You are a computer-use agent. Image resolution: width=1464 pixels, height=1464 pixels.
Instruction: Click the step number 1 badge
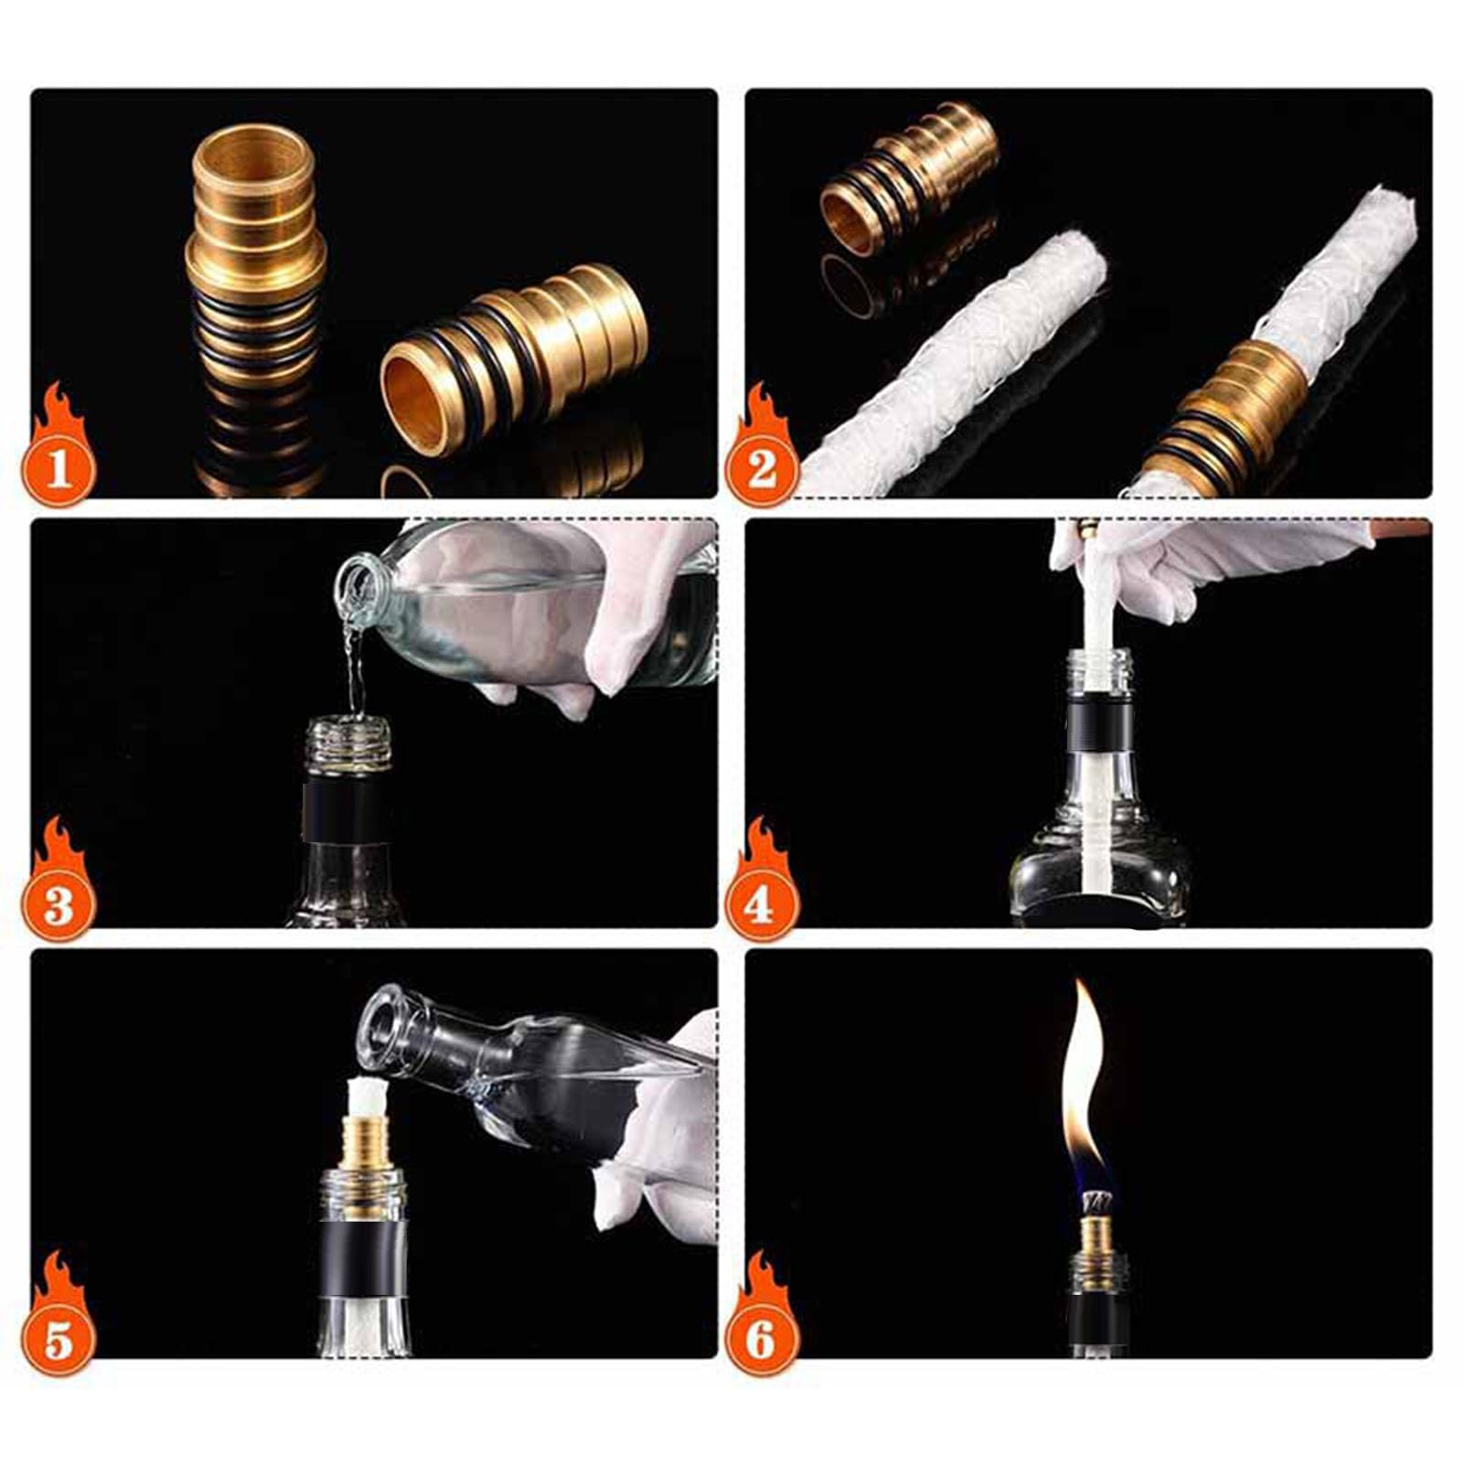tap(59, 470)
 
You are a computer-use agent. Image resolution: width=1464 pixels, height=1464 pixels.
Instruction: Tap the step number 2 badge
tap(762, 470)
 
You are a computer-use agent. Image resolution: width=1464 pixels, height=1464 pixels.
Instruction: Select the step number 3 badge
tap(59, 905)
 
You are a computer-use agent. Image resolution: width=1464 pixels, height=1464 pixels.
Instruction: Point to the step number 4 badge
tap(762, 905)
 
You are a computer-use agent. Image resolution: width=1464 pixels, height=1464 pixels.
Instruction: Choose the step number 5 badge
tap(59, 1341)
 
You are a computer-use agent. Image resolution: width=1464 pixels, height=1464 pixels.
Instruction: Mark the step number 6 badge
tap(762, 1341)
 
